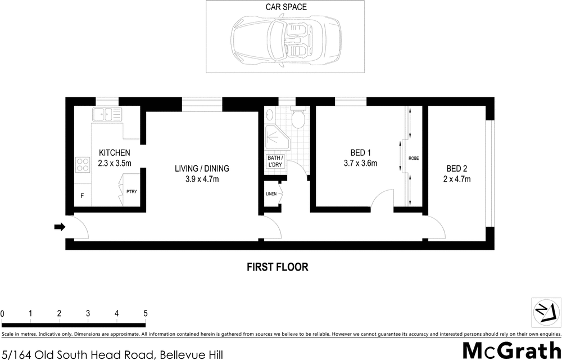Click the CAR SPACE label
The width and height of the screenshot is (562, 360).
[287, 7]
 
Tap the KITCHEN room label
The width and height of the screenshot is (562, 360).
[115, 153]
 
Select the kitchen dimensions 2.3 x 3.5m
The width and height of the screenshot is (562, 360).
[115, 164]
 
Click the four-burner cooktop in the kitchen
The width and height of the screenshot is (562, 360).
[83, 164]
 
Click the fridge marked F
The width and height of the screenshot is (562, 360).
[83, 196]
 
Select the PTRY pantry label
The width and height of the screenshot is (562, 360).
[132, 192]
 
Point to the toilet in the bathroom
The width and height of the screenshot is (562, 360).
[297, 119]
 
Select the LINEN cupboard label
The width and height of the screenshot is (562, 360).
[271, 194]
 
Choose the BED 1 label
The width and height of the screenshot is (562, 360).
[361, 152]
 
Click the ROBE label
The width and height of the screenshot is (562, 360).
[414, 159]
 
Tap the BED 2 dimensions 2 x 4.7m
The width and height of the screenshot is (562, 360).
[457, 179]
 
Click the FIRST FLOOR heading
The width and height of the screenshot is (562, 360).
[278, 267]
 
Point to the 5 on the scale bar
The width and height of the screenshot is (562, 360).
[146, 313]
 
